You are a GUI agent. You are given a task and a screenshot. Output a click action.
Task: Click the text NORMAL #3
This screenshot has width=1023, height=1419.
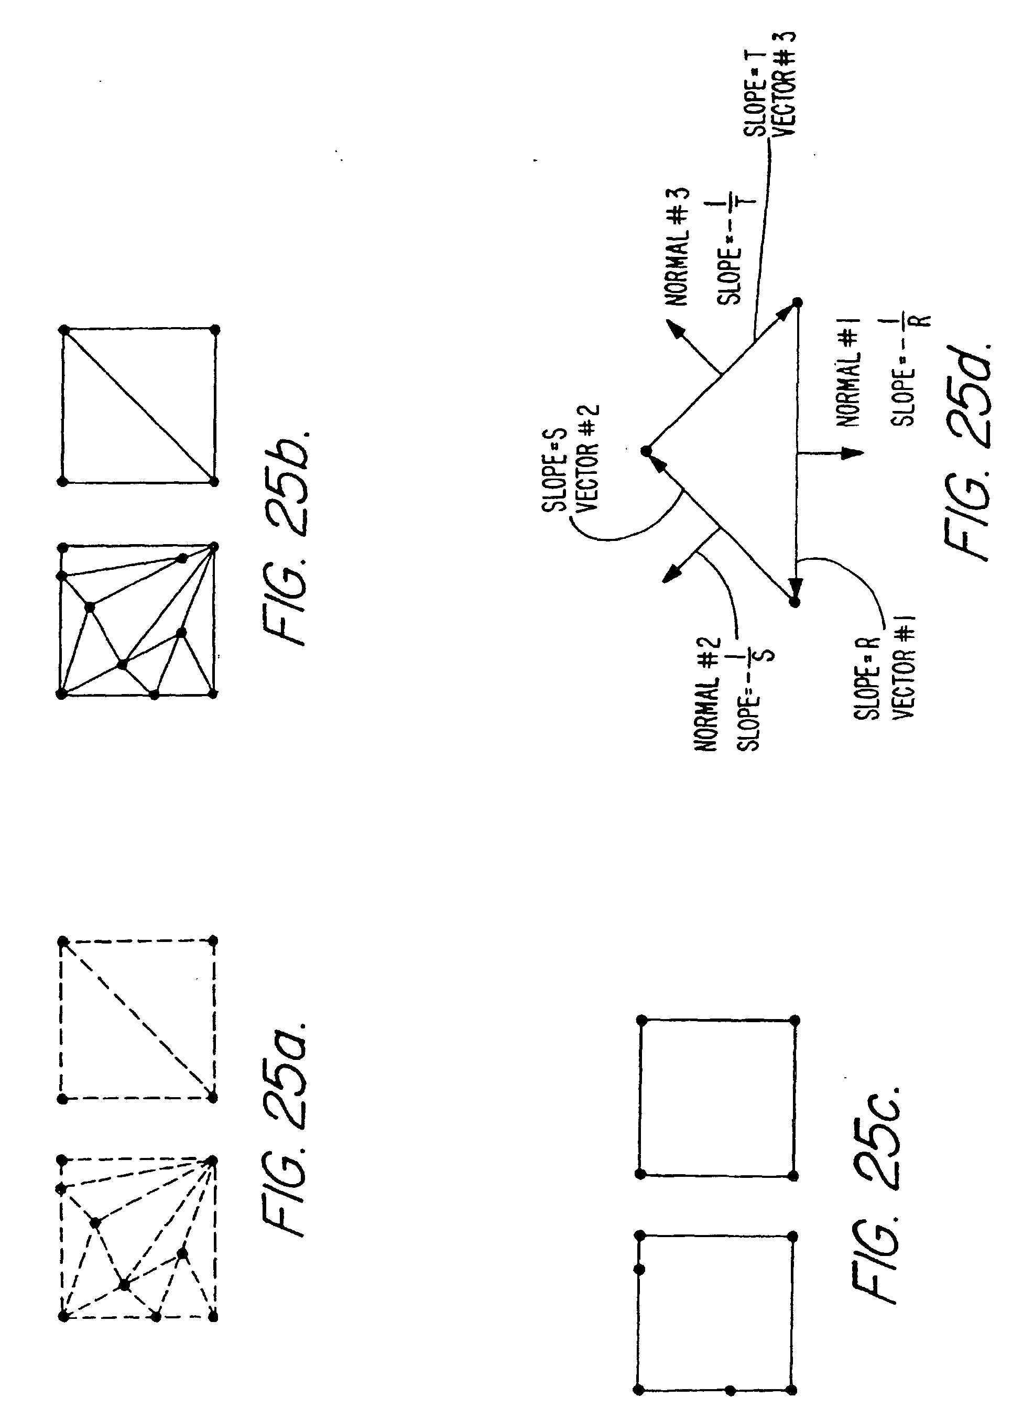pyautogui.click(x=677, y=247)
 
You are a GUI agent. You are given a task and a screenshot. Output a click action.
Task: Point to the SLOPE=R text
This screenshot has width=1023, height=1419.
pyautogui.click(x=867, y=678)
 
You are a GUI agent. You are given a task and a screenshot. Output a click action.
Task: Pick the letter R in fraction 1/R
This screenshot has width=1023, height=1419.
pyautogui.click(x=925, y=320)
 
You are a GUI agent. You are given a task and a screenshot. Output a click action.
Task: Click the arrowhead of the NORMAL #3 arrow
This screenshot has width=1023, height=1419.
pyautogui.click(x=673, y=326)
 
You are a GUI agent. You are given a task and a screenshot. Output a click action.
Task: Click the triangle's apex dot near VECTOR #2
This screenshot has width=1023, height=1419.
pyautogui.click(x=646, y=450)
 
